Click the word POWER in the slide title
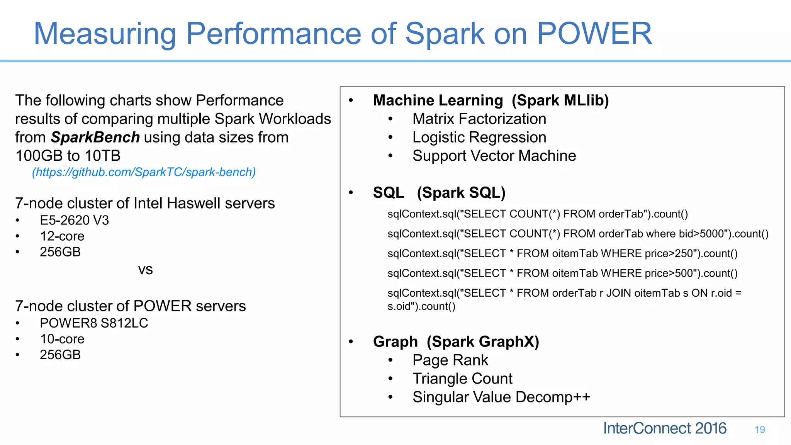click(x=594, y=34)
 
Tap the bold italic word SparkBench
click(x=95, y=138)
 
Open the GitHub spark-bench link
click(x=144, y=172)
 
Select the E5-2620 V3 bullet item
click(x=74, y=220)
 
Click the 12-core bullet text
click(x=62, y=236)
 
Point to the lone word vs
click(x=145, y=270)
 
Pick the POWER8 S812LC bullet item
click(x=94, y=323)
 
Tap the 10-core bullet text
click(x=62, y=339)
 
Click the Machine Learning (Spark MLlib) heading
click(x=491, y=100)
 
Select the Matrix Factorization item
click(x=479, y=119)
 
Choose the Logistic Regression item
click(x=479, y=138)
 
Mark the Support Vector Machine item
click(x=494, y=156)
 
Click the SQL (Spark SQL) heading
click(x=439, y=193)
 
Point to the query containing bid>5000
click(x=578, y=234)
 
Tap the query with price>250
click(x=562, y=253)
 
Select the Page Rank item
click(x=450, y=360)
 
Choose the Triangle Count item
click(x=462, y=379)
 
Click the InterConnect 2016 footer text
click(x=664, y=428)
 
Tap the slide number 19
click(x=760, y=430)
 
